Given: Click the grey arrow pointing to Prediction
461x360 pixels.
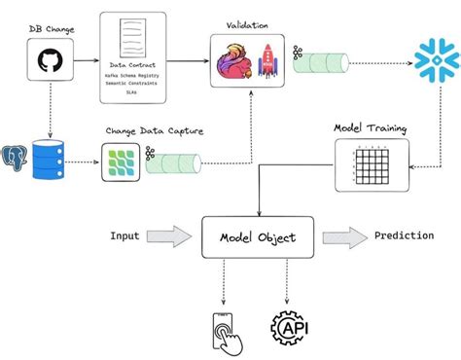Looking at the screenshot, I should (343, 236).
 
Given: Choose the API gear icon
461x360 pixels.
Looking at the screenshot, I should (289, 329).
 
